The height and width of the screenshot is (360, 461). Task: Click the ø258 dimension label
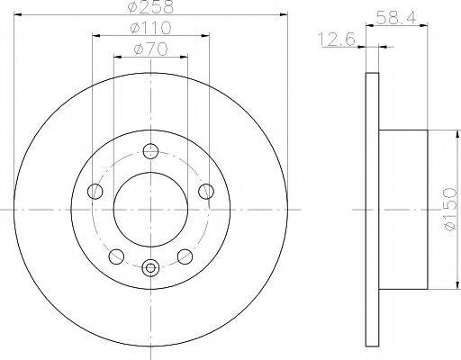(x=150, y=7)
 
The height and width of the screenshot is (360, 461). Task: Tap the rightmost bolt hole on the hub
(x=206, y=190)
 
